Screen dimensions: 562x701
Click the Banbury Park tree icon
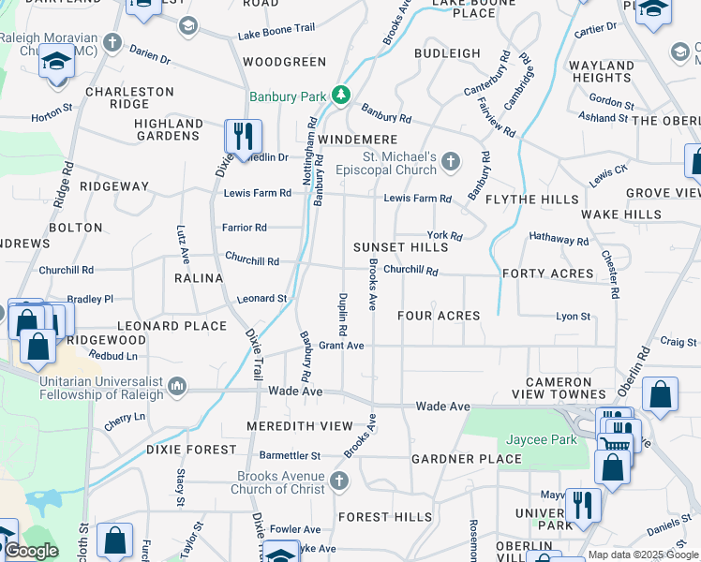tap(343, 95)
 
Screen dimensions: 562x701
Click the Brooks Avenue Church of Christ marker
tap(339, 481)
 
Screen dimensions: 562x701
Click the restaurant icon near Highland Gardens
tap(243, 137)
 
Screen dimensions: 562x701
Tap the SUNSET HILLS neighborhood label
tap(400, 247)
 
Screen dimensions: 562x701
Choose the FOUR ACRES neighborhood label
tap(439, 316)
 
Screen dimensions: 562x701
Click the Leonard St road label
tap(261, 299)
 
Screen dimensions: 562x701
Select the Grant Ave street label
tap(341, 346)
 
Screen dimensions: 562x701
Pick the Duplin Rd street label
tap(343, 315)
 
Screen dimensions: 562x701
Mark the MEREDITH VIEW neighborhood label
tap(300, 425)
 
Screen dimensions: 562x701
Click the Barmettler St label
tap(291, 455)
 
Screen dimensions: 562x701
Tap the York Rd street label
tap(444, 236)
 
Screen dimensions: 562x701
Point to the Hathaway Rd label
tap(559, 241)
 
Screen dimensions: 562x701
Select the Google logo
tap(30, 552)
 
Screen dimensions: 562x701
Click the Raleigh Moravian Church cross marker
tap(112, 42)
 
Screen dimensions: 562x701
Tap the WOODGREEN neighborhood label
tap(284, 62)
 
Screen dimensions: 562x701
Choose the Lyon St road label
tap(574, 317)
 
